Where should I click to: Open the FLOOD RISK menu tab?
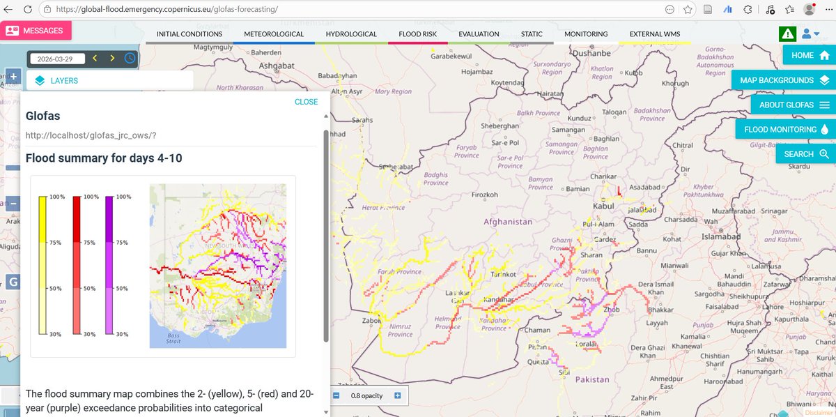[418, 34]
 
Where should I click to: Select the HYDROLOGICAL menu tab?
[351, 34]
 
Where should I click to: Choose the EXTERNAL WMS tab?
[655, 34]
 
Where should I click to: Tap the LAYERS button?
[110, 81]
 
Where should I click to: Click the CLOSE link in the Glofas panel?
[306, 102]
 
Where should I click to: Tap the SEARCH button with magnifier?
[805, 154]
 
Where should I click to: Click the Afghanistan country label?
[508, 222]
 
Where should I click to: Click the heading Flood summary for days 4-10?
[104, 158]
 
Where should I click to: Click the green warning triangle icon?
[787, 33]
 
